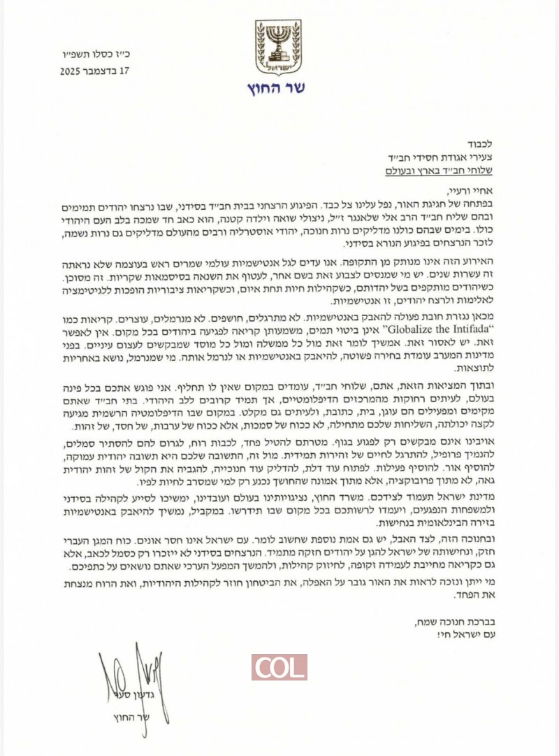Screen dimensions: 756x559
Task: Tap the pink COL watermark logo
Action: [x=279, y=667]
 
